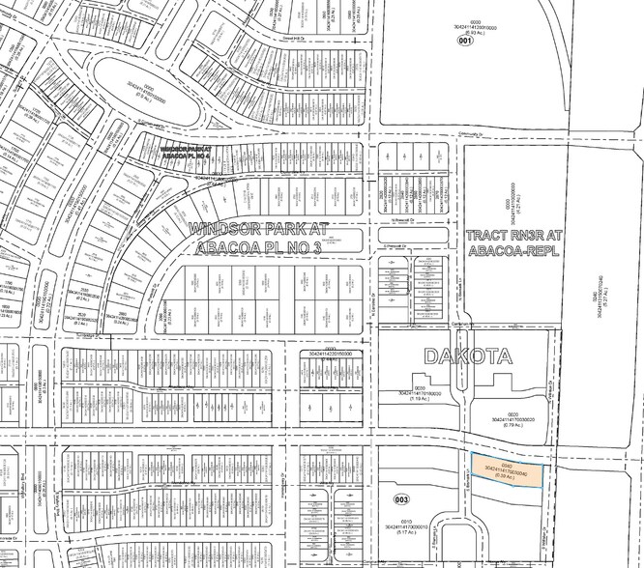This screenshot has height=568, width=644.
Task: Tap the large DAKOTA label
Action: pyautogui.click(x=467, y=357)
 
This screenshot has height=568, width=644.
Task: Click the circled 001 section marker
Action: pyautogui.click(x=466, y=42)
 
